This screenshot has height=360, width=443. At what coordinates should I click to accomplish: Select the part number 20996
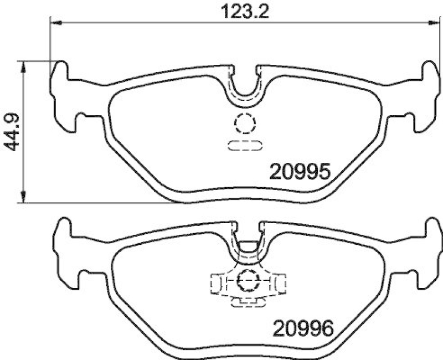click(x=301, y=329)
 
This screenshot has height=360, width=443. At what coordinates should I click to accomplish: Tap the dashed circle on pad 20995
click(x=244, y=123)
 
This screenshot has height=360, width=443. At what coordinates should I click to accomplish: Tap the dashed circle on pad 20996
click(x=246, y=281)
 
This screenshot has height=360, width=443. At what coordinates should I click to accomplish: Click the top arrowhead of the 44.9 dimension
click(x=23, y=66)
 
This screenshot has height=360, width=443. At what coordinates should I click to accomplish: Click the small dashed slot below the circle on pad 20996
click(x=246, y=302)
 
